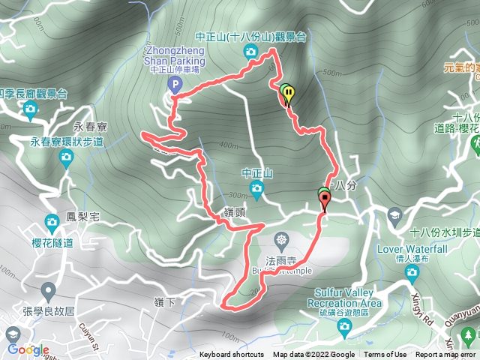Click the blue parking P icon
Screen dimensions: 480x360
click(175, 85)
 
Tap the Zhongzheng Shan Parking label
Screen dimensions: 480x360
click(175, 57)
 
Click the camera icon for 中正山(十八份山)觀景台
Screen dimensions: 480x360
click(250, 51)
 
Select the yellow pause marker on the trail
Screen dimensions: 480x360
click(288, 94)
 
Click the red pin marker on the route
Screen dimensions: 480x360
click(325, 199)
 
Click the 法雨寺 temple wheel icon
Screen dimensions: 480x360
click(281, 241)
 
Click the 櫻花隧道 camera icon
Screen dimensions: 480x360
click(52, 221)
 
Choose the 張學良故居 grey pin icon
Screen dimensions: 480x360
click(49, 290)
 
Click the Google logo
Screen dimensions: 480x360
click(28, 349)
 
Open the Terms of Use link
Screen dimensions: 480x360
click(385, 355)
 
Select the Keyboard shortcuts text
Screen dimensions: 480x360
click(231, 355)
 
